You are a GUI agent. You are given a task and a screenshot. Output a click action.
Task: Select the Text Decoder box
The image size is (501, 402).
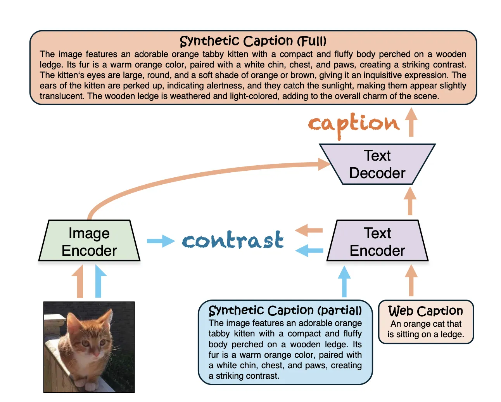(377, 164)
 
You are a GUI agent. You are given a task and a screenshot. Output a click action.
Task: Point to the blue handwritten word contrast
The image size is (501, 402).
(233, 240)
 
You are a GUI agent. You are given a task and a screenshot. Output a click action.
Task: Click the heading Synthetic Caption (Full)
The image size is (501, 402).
(253, 41)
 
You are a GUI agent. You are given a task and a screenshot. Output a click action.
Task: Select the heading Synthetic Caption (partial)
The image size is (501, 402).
(285, 310)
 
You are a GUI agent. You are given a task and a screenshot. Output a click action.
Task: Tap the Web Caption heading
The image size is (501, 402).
(425, 311)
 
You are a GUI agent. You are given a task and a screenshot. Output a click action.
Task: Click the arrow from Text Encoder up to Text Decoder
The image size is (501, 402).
(410, 201)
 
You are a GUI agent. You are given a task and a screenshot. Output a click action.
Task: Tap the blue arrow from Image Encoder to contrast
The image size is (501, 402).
(161, 241)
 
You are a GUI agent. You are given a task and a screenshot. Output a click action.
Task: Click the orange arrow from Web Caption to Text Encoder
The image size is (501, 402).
(411, 281)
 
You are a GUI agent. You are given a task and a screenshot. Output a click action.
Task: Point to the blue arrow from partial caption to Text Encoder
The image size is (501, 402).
(344, 282)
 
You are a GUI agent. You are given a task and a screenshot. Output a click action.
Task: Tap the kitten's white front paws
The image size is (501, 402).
(92, 386)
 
